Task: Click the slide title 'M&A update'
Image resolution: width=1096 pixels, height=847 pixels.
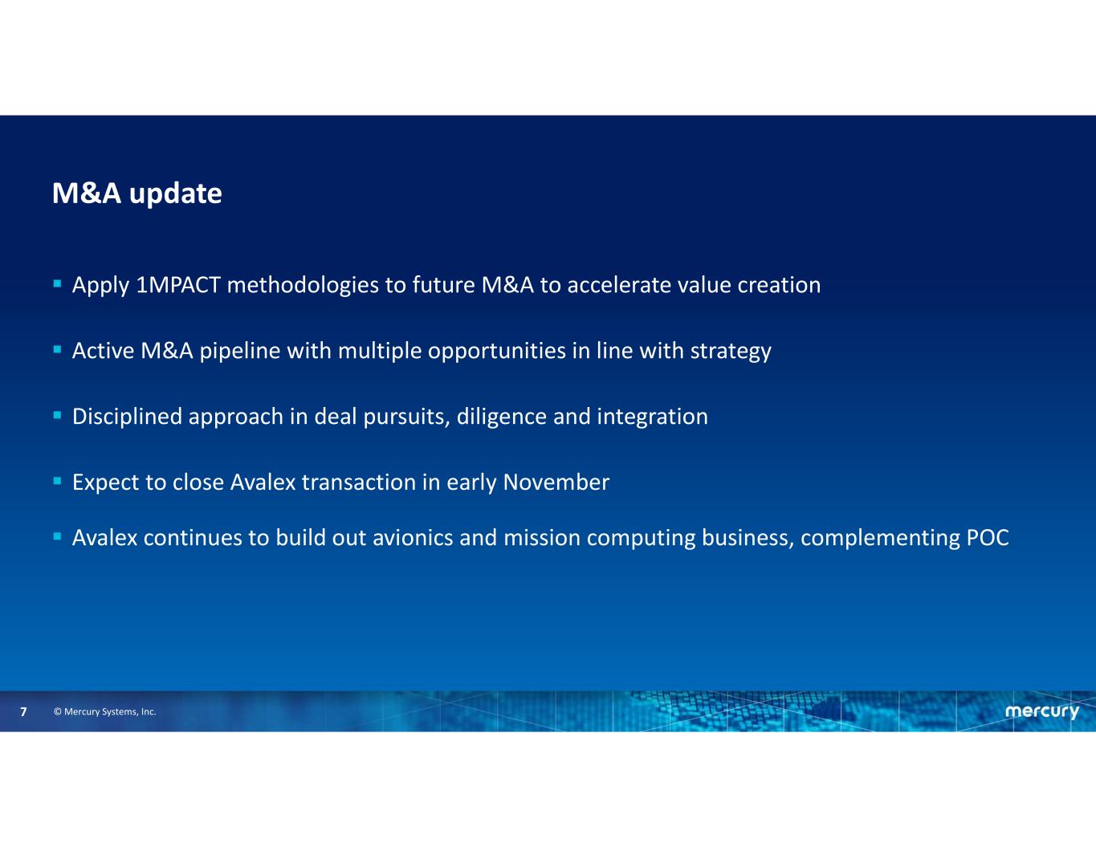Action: click(136, 193)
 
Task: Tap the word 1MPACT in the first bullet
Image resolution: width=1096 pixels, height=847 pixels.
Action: click(178, 285)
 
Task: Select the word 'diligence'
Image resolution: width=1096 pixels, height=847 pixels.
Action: click(502, 417)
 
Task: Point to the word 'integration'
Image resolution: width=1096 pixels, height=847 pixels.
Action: click(652, 417)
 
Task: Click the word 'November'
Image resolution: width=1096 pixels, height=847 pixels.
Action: click(556, 483)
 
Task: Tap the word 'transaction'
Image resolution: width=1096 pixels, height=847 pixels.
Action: click(359, 483)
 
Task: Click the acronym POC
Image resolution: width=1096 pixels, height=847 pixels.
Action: click(988, 538)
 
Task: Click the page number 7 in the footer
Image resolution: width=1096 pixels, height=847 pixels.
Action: click(23, 711)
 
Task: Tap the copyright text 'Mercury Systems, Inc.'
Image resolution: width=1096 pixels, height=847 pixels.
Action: click(110, 712)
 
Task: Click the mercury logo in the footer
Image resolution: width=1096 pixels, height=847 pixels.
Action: click(1042, 712)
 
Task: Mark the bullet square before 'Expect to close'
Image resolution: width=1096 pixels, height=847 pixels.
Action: click(58, 481)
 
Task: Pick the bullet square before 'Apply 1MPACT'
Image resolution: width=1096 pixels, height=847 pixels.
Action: click(58, 284)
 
